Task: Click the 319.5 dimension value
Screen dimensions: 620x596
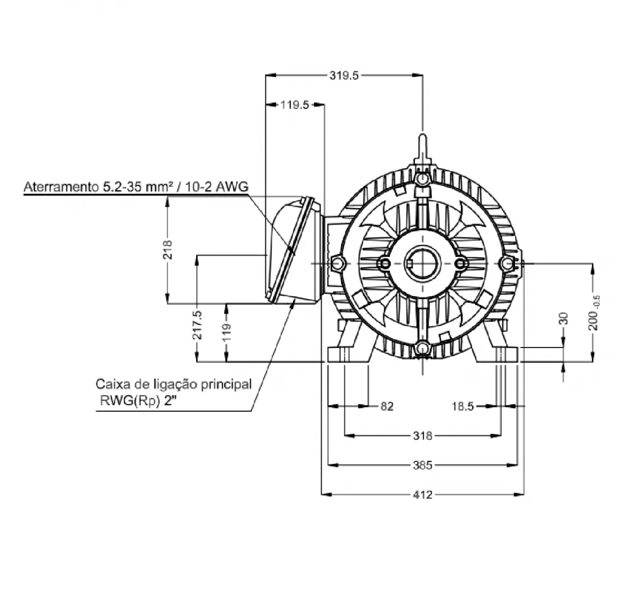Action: point(343,75)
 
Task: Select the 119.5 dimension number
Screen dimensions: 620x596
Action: point(294,105)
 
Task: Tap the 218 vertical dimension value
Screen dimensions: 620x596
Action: point(168,250)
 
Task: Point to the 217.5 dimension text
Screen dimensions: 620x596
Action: point(197,325)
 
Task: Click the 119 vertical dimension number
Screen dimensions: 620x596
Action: point(226,333)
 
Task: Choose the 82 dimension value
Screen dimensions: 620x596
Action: point(387,406)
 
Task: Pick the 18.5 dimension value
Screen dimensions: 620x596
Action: point(463,406)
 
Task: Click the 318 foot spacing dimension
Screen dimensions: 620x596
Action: point(423,436)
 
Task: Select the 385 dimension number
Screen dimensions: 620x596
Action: point(423,465)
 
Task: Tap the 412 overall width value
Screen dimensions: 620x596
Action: point(423,495)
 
